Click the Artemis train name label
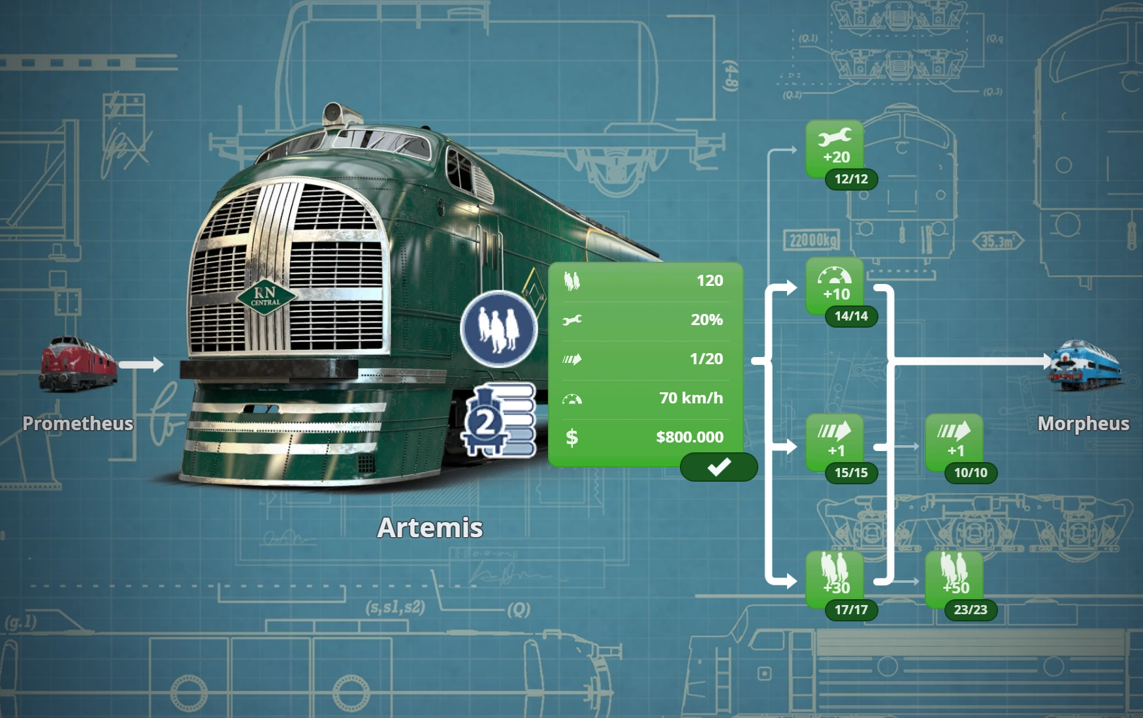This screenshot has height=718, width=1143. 430,527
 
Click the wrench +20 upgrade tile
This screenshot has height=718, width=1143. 835,148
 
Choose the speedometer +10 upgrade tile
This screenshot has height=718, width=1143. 835,285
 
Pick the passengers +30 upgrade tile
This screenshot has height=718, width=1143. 835,577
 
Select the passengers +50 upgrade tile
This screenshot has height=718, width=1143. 954,577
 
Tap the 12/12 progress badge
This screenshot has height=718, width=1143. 851,179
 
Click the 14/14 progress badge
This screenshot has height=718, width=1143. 851,316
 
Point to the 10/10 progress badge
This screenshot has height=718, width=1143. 971,473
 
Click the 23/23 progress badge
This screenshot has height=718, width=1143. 971,610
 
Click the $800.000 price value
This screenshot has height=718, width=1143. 689,437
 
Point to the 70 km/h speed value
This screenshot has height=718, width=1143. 691,398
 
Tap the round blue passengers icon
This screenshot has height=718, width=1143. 499,328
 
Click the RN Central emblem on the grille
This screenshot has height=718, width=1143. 266,297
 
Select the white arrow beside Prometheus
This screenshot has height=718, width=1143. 141,364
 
